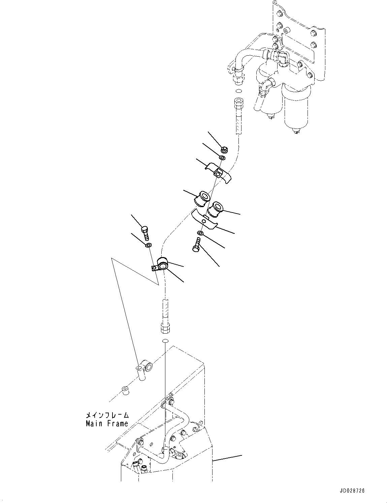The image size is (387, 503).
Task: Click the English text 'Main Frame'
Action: click(107, 423)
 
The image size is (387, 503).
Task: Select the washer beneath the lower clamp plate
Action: click(200, 233)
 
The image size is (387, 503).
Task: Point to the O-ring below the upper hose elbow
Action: click(238, 92)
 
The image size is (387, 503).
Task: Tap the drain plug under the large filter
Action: click(295, 132)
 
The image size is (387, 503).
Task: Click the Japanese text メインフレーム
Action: click(107, 415)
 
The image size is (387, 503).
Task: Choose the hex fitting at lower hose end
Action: click(165, 327)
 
